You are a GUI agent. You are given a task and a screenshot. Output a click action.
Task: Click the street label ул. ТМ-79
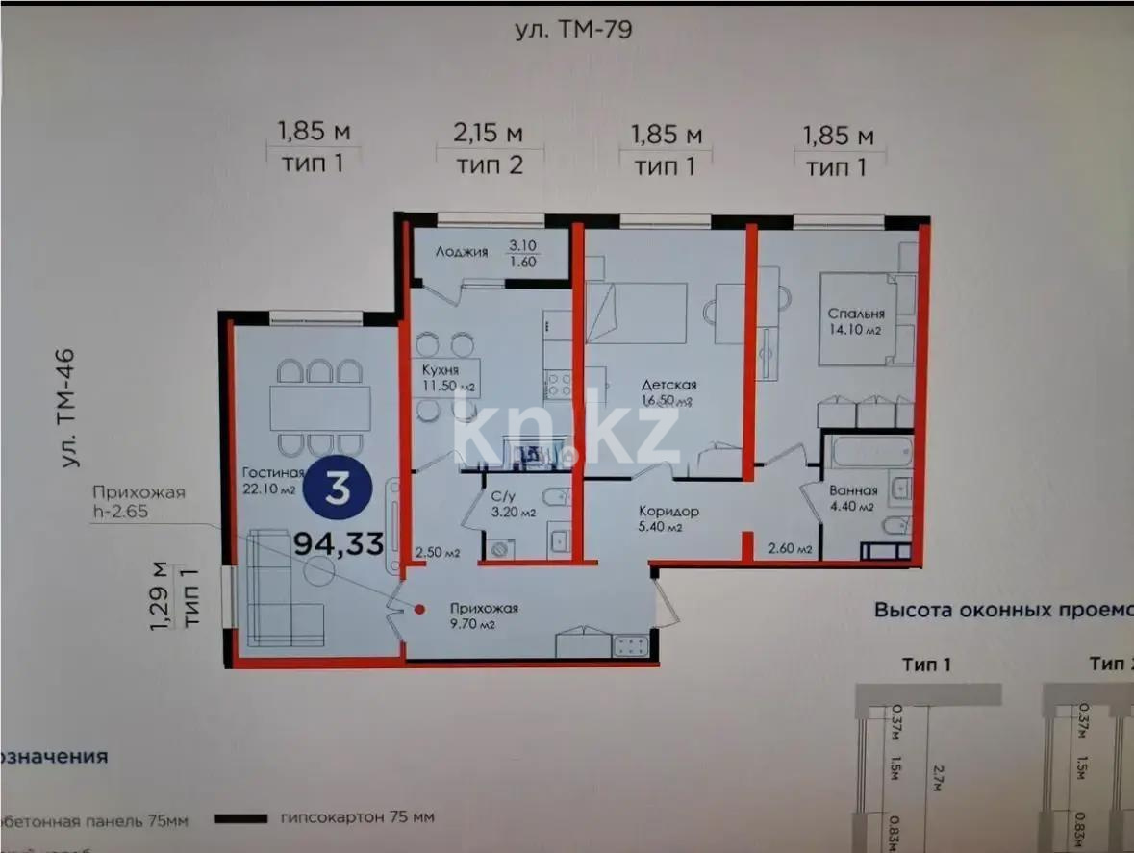pos(572,30)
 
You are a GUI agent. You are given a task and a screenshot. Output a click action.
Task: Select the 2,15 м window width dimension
pos(490,133)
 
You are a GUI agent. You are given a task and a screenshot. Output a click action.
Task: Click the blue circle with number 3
pos(337,489)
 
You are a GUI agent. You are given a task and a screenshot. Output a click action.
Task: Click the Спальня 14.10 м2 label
pos(856,321)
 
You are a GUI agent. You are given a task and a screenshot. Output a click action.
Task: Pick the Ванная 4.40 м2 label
pos(852,497)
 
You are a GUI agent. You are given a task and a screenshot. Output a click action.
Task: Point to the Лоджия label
pos(461,252)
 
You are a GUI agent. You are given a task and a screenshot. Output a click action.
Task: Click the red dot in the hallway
pos(420,608)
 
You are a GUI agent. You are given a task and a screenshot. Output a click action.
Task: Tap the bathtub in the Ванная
pos(869,450)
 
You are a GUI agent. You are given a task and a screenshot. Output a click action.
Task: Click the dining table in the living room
pos(319,408)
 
